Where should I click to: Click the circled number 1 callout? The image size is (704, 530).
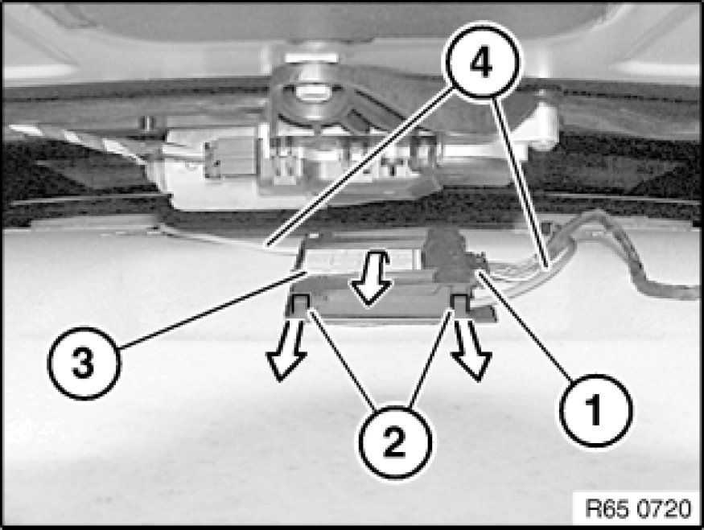pyautogui.click(x=596, y=409)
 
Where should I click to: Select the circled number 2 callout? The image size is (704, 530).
pyautogui.click(x=395, y=442)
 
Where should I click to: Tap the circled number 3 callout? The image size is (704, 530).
pyautogui.click(x=84, y=363)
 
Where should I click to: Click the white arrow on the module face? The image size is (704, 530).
pyautogui.click(x=370, y=278)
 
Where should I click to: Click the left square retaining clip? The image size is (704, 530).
pyautogui.click(x=300, y=304)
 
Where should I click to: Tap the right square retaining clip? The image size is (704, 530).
pyautogui.click(x=461, y=303)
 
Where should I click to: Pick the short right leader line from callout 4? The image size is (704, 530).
pyautogui.click(x=521, y=184)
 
